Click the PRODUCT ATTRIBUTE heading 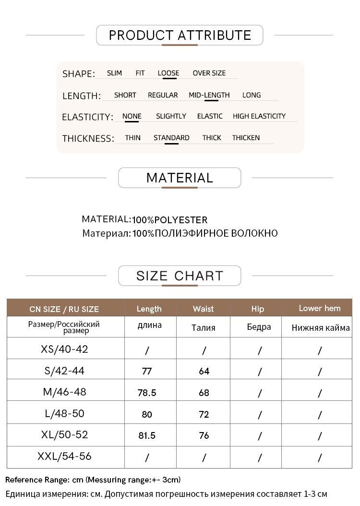pyautogui.click(x=180, y=35)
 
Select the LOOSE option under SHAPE pyautogui.click(x=168, y=73)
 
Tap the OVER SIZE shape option pyautogui.click(x=209, y=73)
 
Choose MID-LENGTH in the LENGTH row pyautogui.click(x=209, y=95)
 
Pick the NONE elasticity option pyautogui.click(x=132, y=116)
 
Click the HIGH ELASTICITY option pyautogui.click(x=259, y=116)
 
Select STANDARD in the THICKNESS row pyautogui.click(x=171, y=138)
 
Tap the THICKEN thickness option pyautogui.click(x=246, y=138)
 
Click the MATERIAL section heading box pyautogui.click(x=180, y=178)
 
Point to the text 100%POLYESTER pyautogui.click(x=170, y=220)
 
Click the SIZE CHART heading pyautogui.click(x=180, y=276)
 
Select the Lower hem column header pyautogui.click(x=319, y=308)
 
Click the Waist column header pyautogui.click(x=203, y=309)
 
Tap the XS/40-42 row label pyautogui.click(x=65, y=349)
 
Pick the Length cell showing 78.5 pyautogui.click(x=147, y=393)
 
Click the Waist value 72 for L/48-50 pyautogui.click(x=204, y=414)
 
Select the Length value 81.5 pyautogui.click(x=147, y=436)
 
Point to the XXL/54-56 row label pyautogui.click(x=65, y=457)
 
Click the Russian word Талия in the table pyautogui.click(x=203, y=328)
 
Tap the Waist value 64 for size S pyautogui.click(x=204, y=371)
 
